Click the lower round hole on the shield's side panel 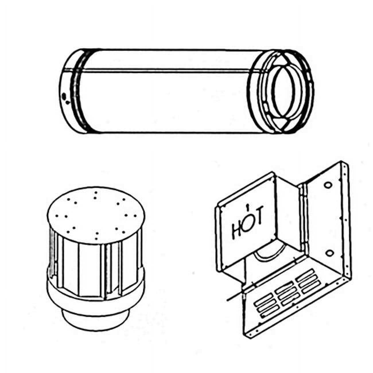(x=330, y=253)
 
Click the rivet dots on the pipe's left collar (x=65, y=98)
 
